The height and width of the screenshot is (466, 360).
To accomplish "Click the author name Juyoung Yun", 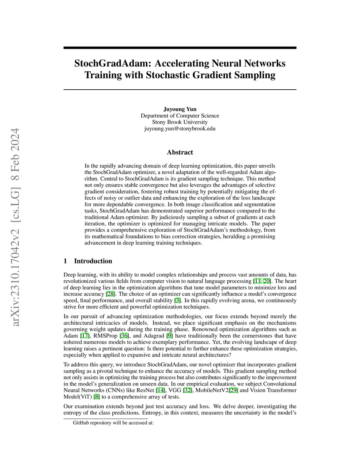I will [180, 109].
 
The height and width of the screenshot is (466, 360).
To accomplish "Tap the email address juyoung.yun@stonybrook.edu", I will [180, 128].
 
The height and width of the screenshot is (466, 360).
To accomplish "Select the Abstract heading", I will [180, 152].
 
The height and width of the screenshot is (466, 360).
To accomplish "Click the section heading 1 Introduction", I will [88, 261].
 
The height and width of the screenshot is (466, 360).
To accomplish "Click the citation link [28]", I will [111, 294].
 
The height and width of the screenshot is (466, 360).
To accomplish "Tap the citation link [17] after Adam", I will [85, 336].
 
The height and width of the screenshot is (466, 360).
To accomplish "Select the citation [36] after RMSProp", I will [124, 336].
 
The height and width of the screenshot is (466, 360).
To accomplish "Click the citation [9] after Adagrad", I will [169, 336].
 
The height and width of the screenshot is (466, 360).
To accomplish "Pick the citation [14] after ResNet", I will [160, 390].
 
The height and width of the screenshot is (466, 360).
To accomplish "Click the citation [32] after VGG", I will [188, 390].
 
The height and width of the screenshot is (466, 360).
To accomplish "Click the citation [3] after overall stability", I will [178, 300].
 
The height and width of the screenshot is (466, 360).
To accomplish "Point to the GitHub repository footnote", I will [113, 423].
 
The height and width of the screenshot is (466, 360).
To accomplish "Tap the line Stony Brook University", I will [180, 122].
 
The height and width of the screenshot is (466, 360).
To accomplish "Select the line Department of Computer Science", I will [180, 116].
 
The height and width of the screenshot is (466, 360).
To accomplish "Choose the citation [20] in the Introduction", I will [267, 281].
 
